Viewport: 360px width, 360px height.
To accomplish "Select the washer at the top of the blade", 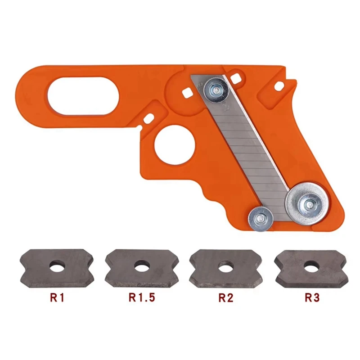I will click(215, 90).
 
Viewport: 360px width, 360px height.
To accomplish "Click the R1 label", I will click(58, 297).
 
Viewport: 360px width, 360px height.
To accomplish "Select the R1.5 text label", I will click(142, 297).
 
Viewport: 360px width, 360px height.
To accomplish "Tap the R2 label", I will click(226, 297).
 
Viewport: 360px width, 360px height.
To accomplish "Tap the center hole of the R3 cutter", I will click(310, 267).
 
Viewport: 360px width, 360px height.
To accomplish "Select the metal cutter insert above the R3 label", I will click(310, 268).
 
